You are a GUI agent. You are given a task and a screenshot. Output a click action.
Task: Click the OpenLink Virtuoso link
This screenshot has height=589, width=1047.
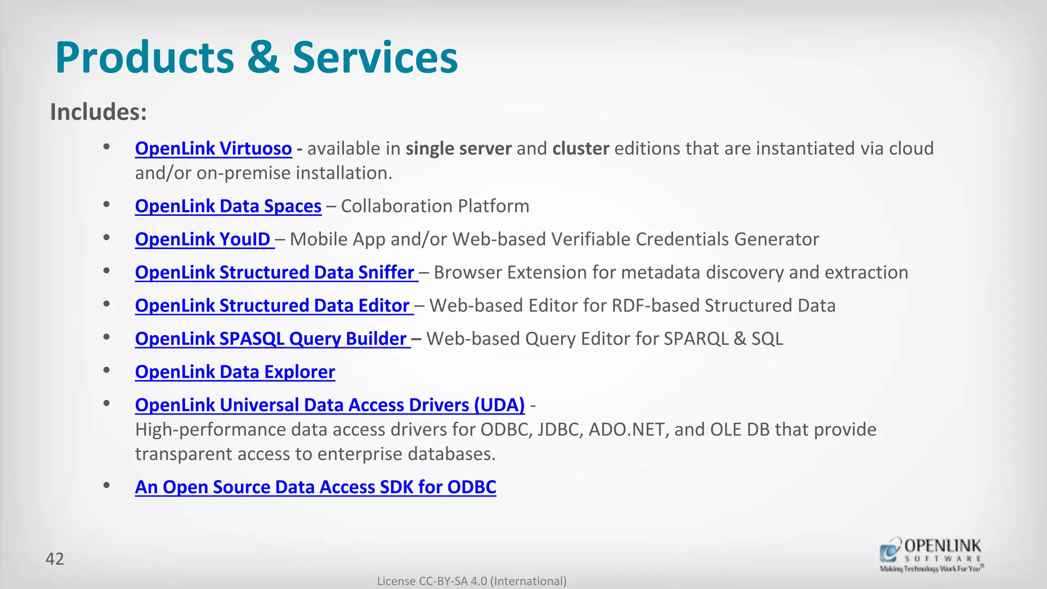213,148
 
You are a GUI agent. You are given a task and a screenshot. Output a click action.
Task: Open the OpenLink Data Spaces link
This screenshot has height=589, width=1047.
228,206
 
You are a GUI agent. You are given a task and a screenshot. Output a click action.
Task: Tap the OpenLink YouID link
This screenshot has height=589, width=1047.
203,239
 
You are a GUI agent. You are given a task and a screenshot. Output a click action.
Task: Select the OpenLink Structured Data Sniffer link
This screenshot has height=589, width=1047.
275,273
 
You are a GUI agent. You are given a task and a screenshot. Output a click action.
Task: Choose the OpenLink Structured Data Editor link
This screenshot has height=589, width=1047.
272,306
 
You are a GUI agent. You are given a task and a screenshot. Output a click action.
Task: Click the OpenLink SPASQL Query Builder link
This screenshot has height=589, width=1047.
271,339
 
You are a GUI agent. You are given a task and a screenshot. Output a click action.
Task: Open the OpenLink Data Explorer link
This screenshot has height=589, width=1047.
235,372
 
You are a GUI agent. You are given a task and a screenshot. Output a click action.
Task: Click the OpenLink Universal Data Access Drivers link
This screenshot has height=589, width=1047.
330,405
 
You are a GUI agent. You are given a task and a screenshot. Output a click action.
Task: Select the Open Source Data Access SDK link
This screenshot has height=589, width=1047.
315,487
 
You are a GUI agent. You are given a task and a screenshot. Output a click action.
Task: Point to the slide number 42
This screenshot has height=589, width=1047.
55,559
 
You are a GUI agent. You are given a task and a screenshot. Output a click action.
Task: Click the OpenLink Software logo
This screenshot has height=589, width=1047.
931,554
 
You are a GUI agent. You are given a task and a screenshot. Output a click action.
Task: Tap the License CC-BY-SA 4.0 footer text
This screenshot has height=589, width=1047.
471,581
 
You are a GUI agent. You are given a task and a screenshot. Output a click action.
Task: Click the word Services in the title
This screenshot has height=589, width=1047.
375,57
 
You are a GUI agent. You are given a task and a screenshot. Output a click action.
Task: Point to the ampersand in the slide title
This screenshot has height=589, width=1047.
263,57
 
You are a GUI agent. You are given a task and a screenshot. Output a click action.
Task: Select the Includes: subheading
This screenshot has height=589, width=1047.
98,112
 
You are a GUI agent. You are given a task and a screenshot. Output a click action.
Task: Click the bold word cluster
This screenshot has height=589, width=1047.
581,148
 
